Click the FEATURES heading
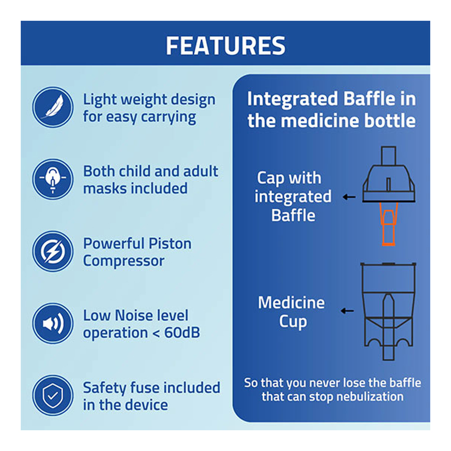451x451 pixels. [225, 46]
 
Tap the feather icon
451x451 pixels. [53, 107]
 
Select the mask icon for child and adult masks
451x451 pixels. [53, 179]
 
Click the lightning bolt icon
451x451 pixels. [53, 251]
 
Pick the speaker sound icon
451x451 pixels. [53, 323]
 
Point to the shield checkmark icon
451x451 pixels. [53, 395]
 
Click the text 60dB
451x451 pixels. [182, 333]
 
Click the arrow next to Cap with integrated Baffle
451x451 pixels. [349, 197]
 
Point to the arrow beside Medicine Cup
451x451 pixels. [347, 311]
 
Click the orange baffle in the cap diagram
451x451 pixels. [388, 224]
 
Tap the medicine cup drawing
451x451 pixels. [388, 311]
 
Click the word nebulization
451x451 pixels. [370, 397]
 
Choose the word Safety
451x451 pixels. [105, 388]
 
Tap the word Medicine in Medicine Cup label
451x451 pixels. [291, 303]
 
